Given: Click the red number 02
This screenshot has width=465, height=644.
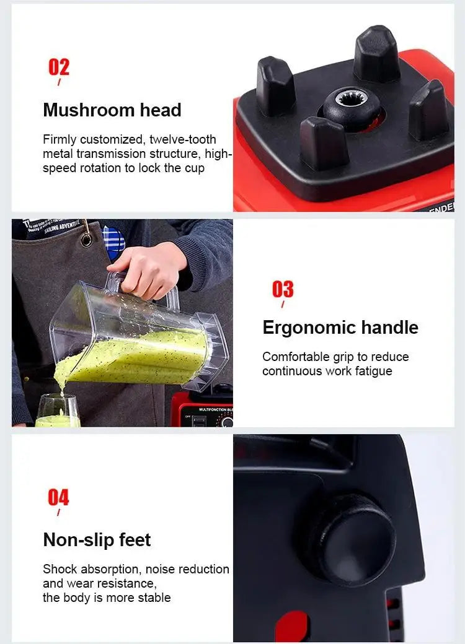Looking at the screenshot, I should point(59,67).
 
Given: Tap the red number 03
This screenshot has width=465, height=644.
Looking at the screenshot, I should point(283,289).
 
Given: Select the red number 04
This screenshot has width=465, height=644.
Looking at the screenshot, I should point(59,497).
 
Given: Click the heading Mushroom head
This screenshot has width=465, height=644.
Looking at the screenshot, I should point(112,110).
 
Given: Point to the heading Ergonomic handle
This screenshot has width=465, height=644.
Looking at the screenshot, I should point(340,328).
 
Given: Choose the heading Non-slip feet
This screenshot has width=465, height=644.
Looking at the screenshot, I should point(97,540).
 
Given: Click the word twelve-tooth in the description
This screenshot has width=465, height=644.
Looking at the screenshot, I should point(183,139).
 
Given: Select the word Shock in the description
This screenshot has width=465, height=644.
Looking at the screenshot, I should point(60,569).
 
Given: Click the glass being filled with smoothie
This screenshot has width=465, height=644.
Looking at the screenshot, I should point(58,412).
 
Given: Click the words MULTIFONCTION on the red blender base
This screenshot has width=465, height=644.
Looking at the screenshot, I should point(208,410).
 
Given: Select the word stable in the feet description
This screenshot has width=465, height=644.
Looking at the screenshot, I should point(154,598).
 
